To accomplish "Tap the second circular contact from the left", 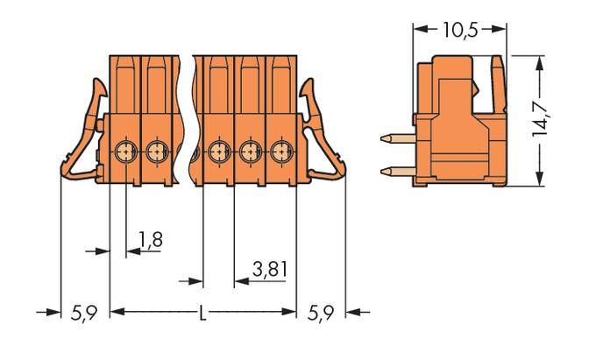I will [x=157, y=152].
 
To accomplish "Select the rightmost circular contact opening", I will [x=280, y=152].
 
